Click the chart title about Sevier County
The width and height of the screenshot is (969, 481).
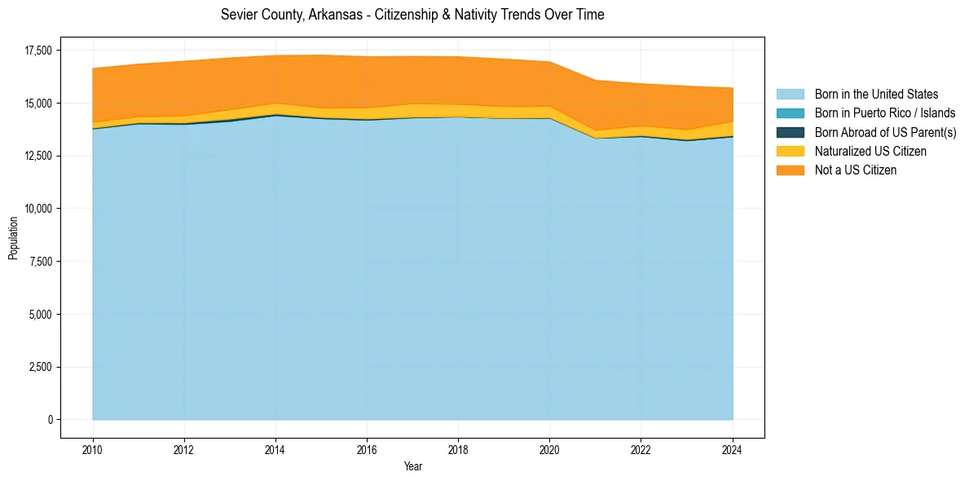point(412,15)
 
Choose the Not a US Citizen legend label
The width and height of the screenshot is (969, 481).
point(856,170)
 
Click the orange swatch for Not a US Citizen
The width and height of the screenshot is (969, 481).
point(790,170)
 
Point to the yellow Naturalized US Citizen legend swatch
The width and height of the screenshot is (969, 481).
point(790,152)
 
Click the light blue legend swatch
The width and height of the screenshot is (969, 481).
point(790,95)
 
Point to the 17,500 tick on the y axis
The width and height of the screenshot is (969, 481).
point(37,51)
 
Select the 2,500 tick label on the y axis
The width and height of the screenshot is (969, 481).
point(40,367)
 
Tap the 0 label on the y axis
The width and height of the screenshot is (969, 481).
point(49,420)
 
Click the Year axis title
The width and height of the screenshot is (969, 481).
point(413,466)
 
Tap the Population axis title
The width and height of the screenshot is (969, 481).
point(13,238)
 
